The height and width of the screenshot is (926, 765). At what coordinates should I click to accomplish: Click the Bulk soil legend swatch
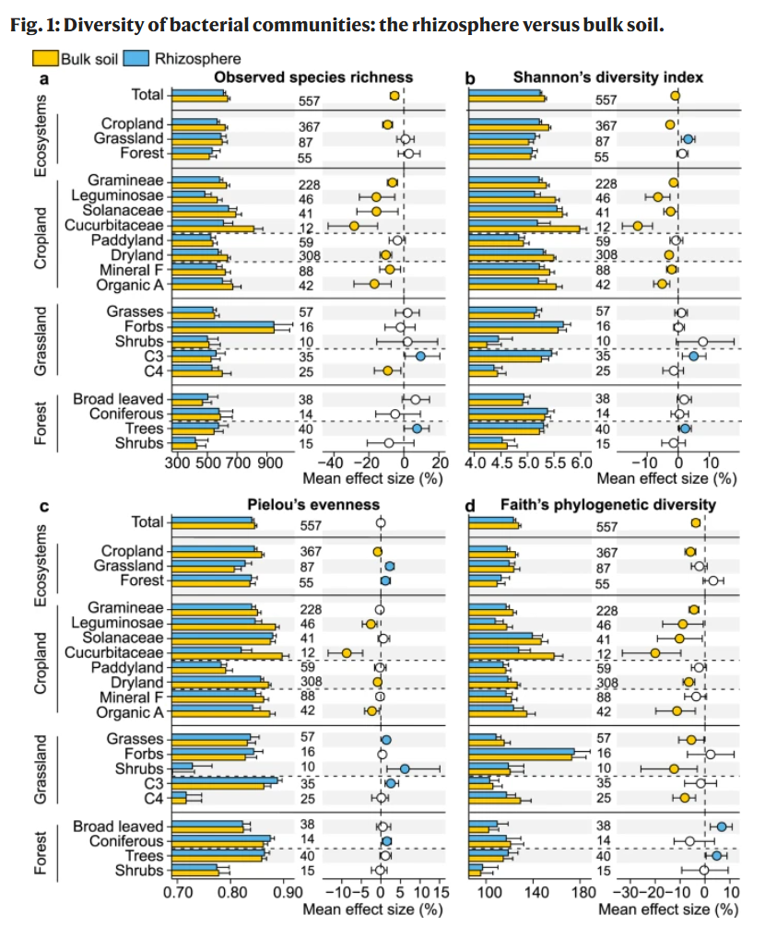pyautogui.click(x=45, y=58)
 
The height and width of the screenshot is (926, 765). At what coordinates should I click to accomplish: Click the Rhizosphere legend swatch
pyautogui.click(x=135, y=58)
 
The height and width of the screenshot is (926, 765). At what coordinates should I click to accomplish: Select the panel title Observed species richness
pyautogui.click(x=313, y=77)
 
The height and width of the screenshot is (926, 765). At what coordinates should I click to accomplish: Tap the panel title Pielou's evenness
pyautogui.click(x=313, y=505)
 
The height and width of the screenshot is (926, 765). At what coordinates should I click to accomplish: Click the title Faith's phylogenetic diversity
pyautogui.click(x=608, y=505)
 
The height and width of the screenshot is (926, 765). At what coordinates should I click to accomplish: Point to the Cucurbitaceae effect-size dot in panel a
pyautogui.click(x=354, y=226)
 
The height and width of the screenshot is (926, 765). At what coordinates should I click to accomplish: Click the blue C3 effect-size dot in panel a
pyautogui.click(x=420, y=356)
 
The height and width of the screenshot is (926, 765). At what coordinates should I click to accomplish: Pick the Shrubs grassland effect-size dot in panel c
pyautogui.click(x=405, y=769)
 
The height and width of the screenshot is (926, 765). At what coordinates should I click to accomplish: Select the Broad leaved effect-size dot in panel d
pyautogui.click(x=722, y=826)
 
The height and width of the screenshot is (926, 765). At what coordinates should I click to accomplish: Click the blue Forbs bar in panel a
pyautogui.click(x=223, y=324)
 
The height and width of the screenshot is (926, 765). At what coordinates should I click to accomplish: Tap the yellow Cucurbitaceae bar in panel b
pyautogui.click(x=524, y=229)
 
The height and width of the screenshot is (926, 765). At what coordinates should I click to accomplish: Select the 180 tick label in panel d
pyautogui.click(x=583, y=892)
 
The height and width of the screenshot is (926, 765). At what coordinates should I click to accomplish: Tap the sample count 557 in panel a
pyautogui.click(x=309, y=101)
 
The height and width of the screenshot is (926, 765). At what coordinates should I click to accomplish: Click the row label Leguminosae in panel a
pyautogui.click(x=117, y=195)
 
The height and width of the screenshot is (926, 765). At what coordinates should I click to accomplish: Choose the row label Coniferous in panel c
pyautogui.click(x=126, y=841)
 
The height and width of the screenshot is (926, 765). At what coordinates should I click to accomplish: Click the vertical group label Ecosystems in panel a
pyautogui.click(x=40, y=135)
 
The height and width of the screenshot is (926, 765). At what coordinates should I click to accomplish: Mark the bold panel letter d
pyautogui.click(x=470, y=506)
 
